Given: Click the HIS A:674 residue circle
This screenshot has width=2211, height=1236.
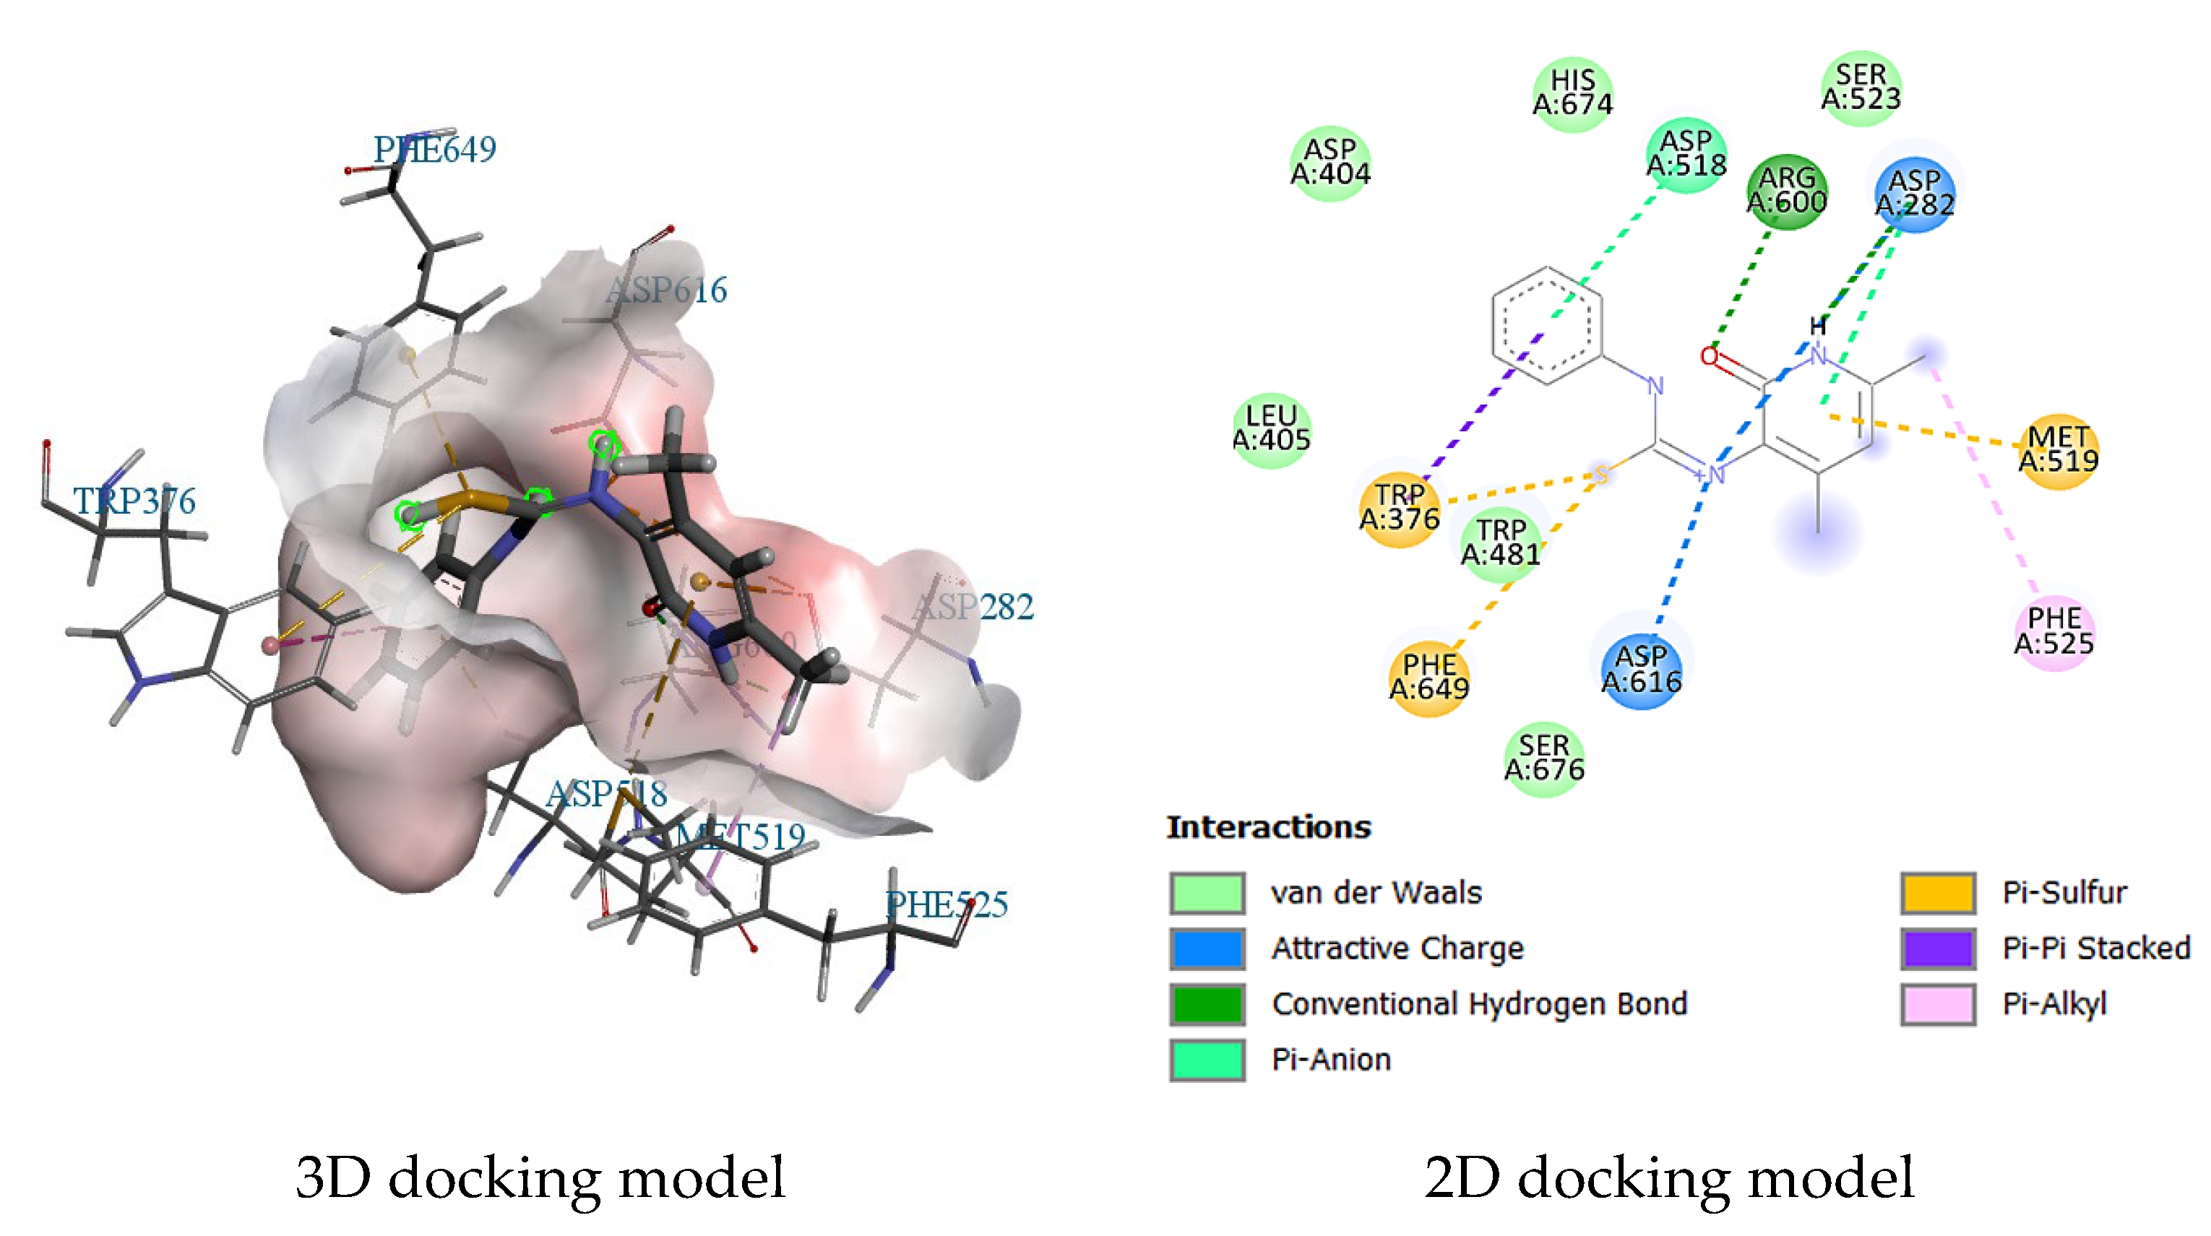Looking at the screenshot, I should point(1572,92).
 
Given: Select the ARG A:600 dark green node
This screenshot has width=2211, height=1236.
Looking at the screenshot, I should point(1787,191).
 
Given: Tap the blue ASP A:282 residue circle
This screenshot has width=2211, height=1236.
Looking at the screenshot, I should point(1914,193).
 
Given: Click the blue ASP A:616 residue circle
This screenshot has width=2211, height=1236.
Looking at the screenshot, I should point(1641,670).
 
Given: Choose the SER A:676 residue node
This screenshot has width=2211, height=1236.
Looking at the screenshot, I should point(1544,758).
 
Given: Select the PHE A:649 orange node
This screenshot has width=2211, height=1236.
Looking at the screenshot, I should point(1429,676).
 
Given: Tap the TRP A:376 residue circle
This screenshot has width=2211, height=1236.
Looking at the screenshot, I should point(1399,507).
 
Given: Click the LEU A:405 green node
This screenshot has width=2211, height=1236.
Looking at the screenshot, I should point(1271,428).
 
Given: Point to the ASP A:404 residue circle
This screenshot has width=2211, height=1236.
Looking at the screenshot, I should point(1330,163).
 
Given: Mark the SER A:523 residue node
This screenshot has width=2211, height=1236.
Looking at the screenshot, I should point(1861,87).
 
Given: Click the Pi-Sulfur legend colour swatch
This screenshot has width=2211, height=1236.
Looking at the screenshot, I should point(1937,893).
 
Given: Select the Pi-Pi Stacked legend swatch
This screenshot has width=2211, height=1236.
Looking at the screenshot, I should point(1937,948).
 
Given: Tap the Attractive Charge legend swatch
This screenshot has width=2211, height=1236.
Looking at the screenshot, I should point(1207,948).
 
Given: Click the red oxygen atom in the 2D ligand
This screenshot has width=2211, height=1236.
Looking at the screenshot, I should point(1710,356).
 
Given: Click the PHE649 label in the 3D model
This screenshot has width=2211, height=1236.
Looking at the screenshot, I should point(434,150).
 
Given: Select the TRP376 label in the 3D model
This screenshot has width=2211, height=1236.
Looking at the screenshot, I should point(134,501).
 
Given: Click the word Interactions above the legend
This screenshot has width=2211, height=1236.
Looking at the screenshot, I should point(1269,827).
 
